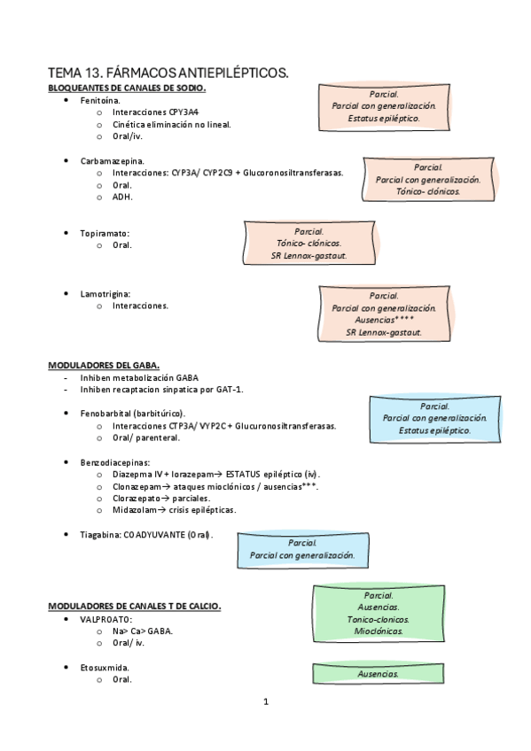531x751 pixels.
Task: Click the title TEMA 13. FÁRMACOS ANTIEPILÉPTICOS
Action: (x=168, y=74)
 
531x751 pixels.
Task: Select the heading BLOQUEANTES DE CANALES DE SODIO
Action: (x=127, y=89)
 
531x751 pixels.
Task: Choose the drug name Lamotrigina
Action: (x=105, y=293)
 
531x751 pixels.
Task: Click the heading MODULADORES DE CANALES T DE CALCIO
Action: (x=134, y=607)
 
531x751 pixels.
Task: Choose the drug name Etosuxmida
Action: (x=105, y=667)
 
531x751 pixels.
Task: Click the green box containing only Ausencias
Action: (x=378, y=674)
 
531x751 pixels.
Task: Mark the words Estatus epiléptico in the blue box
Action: (x=434, y=430)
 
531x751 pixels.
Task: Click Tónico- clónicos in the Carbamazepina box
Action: (x=428, y=190)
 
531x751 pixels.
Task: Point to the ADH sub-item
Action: (x=122, y=197)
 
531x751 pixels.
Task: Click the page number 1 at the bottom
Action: (x=265, y=701)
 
